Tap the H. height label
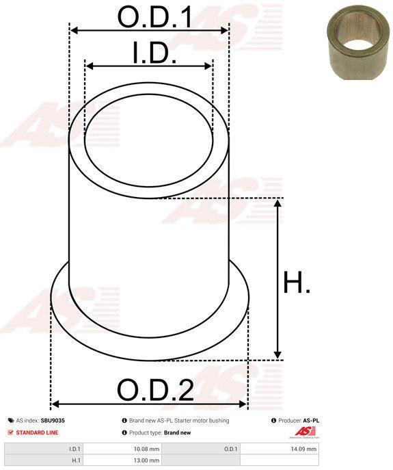click(296, 282)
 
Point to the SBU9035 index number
click(53, 421)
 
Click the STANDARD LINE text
click(37, 432)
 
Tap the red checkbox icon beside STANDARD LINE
click(11, 432)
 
